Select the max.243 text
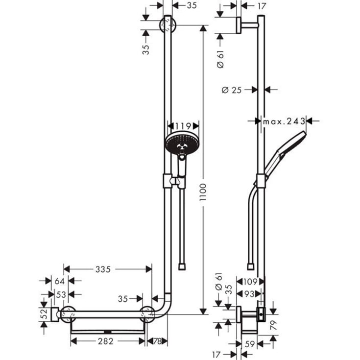(284, 121)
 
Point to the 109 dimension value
(250, 281)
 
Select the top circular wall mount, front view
(168, 25)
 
